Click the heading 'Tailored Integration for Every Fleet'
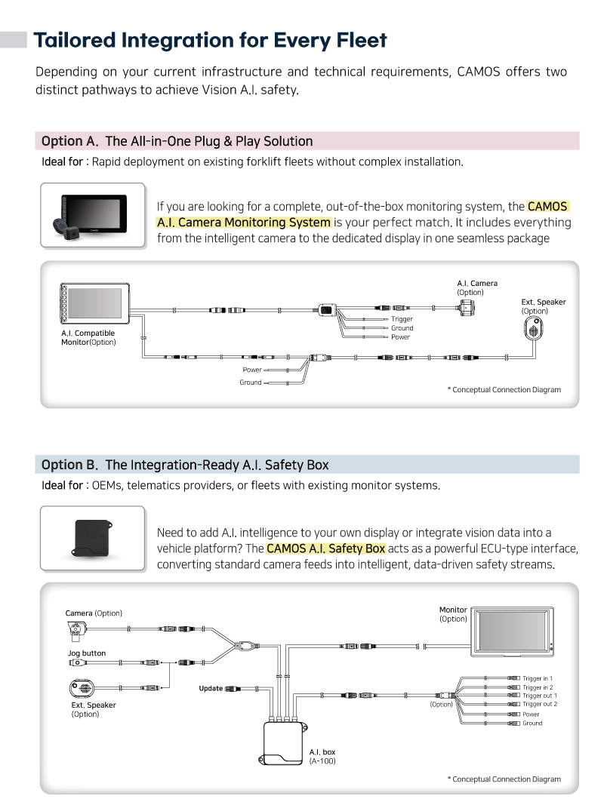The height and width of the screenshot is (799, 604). pyautogui.click(x=210, y=39)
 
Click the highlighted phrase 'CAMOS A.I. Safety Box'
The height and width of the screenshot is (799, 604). pyautogui.click(x=325, y=549)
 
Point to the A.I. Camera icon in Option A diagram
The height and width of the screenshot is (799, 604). pyautogui.click(x=468, y=306)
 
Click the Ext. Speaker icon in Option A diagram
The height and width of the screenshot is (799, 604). pyautogui.click(x=534, y=330)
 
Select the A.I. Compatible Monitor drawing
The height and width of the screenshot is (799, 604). pyautogui.click(x=95, y=305)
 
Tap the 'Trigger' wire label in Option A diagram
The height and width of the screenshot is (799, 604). pyautogui.click(x=402, y=319)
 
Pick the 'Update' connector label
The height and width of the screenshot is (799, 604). pyautogui.click(x=211, y=688)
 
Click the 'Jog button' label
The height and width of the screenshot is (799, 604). pyautogui.click(x=87, y=653)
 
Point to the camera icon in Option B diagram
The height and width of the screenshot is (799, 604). pyautogui.click(x=78, y=632)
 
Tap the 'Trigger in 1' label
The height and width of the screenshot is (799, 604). pyautogui.click(x=538, y=678)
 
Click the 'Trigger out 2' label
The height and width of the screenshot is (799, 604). pyautogui.click(x=540, y=704)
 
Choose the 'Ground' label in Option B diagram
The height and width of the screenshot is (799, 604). pyautogui.click(x=532, y=723)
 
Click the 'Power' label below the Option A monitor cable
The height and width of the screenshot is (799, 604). pyautogui.click(x=252, y=370)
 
